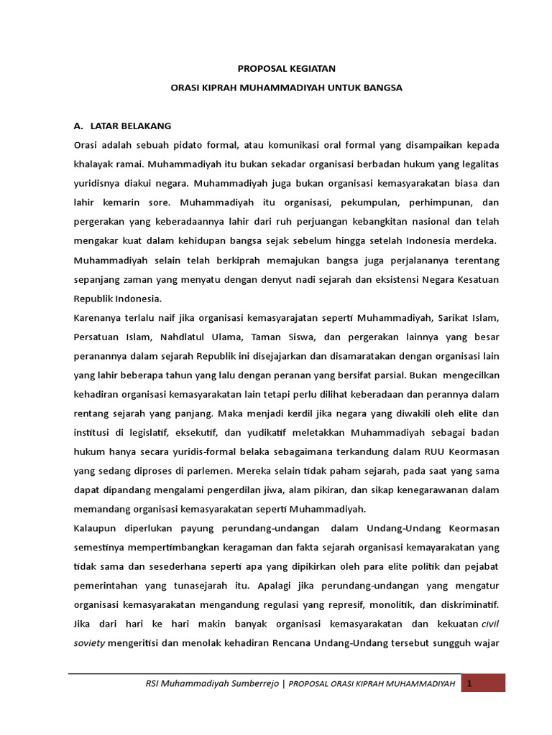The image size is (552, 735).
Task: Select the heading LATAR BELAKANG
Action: (x=131, y=125)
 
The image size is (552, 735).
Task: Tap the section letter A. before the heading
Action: (x=79, y=125)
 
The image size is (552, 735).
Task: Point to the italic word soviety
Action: (x=89, y=624)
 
